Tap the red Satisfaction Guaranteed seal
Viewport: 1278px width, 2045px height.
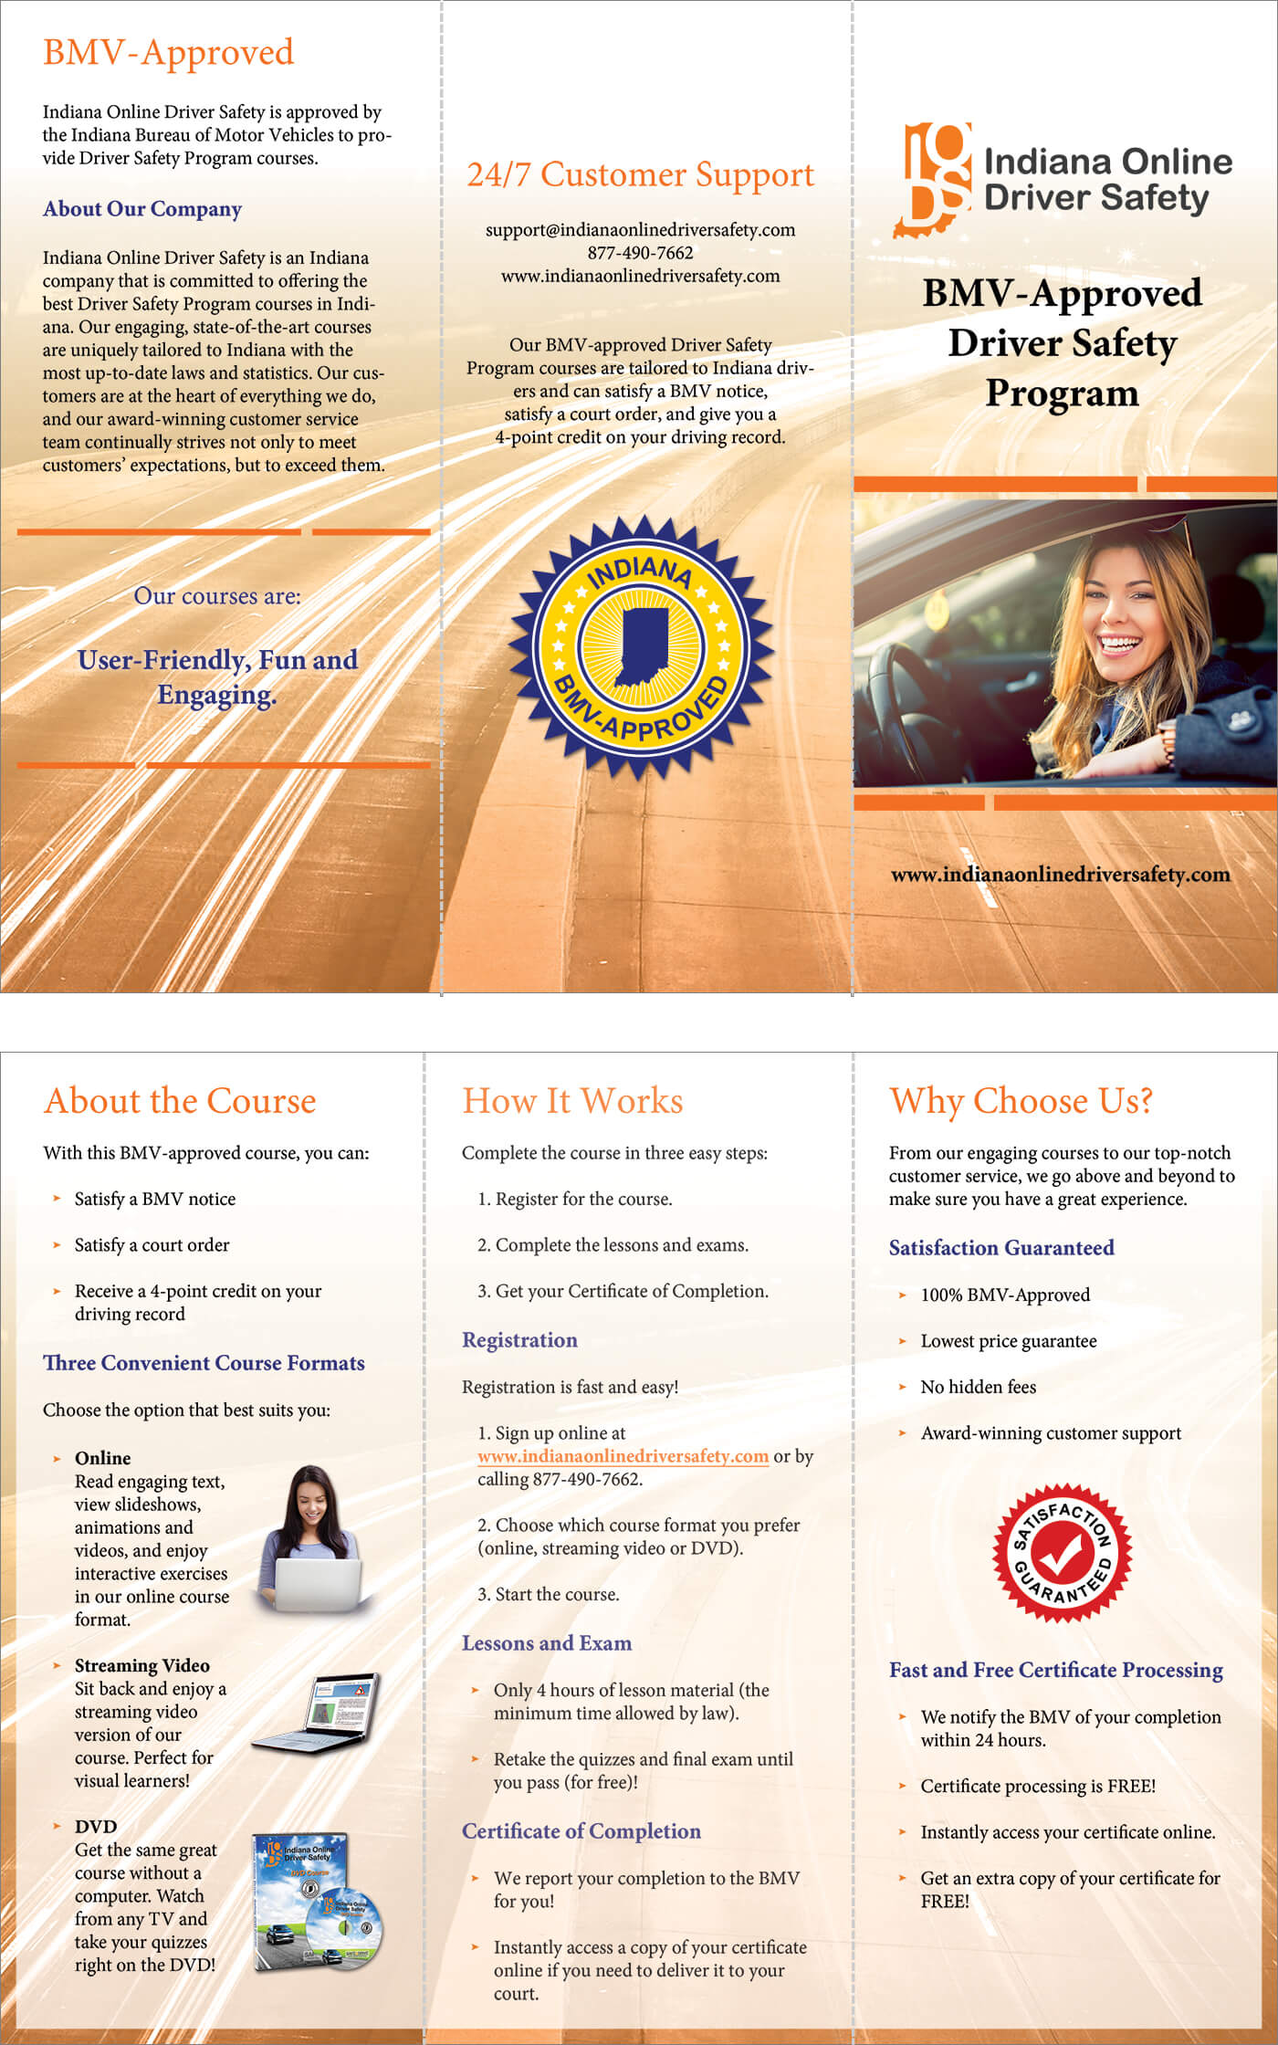(x=1062, y=1552)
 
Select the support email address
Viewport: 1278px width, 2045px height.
(x=640, y=230)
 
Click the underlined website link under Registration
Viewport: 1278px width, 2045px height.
(x=623, y=1456)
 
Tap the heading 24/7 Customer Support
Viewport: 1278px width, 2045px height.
(x=640, y=174)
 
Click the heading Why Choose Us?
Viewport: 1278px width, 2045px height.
(x=1021, y=1101)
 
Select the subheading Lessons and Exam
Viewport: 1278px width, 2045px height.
(x=546, y=1643)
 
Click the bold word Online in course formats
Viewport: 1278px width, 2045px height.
(x=102, y=1458)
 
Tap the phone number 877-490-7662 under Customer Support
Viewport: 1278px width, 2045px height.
(x=640, y=253)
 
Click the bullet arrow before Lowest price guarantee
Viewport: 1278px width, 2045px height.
(x=902, y=1341)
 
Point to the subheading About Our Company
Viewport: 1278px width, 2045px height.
(x=141, y=209)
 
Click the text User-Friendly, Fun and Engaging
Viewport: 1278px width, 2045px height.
(x=217, y=676)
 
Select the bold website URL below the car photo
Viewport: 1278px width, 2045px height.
(x=1060, y=875)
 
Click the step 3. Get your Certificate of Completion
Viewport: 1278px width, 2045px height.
(x=623, y=1291)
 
